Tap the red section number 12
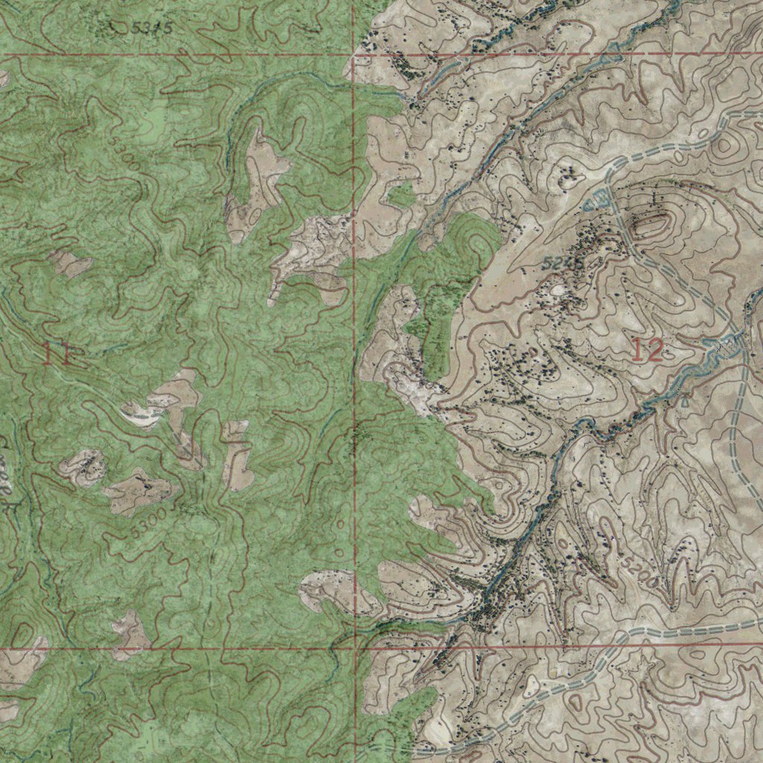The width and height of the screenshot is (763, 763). tap(647, 350)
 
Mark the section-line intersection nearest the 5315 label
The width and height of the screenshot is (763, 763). tap(353, 55)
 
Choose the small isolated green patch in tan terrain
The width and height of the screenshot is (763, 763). tap(402, 196)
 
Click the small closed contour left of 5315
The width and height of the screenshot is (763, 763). tap(112, 27)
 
